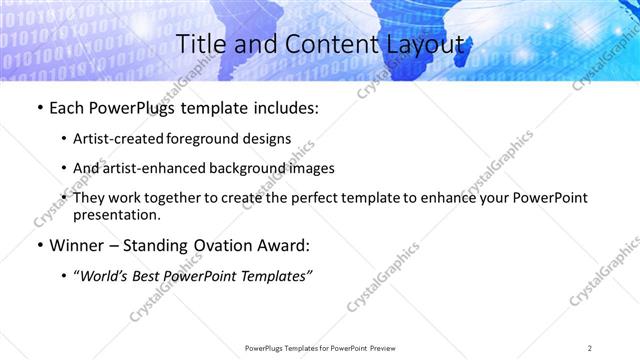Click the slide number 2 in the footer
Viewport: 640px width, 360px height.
(589, 348)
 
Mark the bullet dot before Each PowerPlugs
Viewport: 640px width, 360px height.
(39, 108)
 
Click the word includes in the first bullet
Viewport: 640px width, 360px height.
(286, 108)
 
